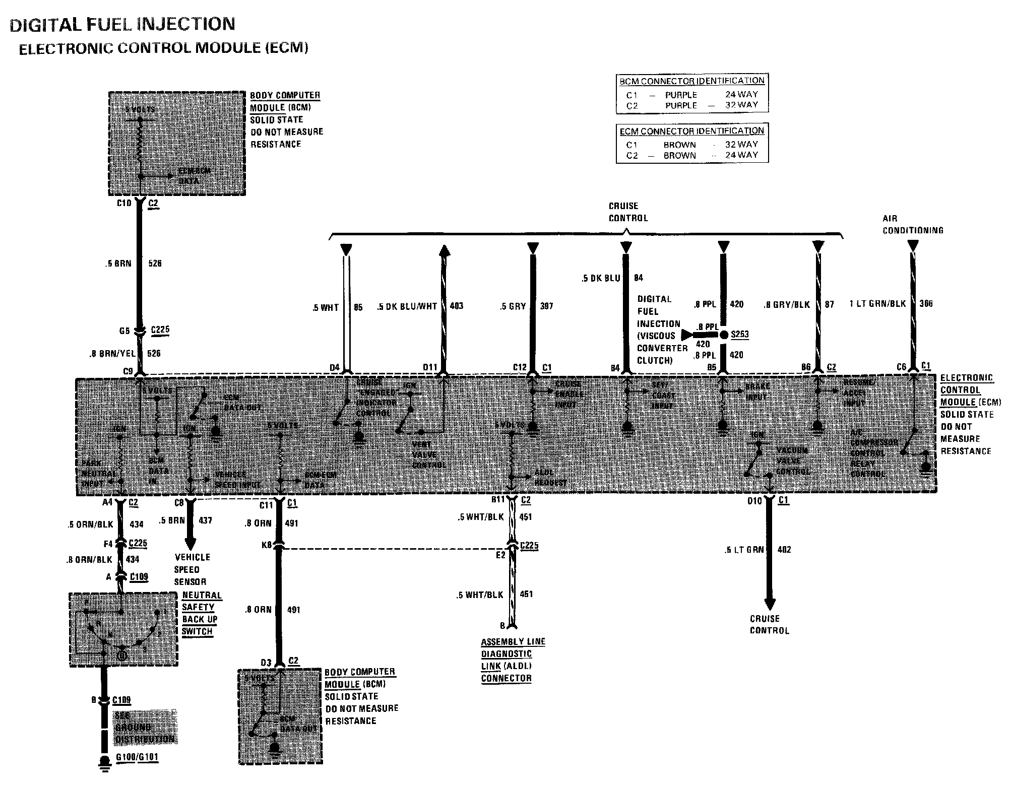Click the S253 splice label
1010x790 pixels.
coord(739,334)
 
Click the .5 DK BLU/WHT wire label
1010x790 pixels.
coord(407,306)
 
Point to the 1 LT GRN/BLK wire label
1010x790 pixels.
coord(877,304)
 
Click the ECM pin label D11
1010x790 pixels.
coord(430,367)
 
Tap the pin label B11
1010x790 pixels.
coord(498,500)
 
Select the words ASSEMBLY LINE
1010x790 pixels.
coord(513,642)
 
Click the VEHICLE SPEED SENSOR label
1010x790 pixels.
coord(192,569)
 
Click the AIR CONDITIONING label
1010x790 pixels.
coord(912,224)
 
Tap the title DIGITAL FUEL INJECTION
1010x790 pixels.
coord(122,24)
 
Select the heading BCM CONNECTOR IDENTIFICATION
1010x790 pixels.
coord(692,81)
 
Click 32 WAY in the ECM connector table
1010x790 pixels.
coord(741,144)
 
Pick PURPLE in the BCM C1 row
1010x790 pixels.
coord(681,95)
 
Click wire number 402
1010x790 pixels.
coord(784,550)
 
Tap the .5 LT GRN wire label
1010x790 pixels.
coord(744,550)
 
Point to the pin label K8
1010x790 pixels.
coord(267,545)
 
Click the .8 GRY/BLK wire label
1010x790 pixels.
coord(787,304)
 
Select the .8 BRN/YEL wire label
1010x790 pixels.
coord(113,354)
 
